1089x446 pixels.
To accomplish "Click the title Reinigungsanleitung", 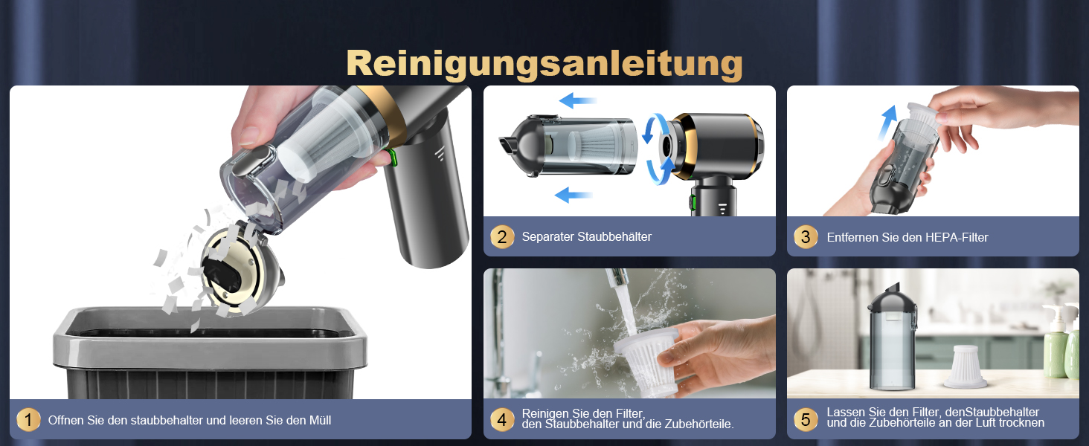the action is [x=544, y=64].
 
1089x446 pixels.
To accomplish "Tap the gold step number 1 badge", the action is [x=28, y=420].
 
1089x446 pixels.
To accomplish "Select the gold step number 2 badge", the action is [x=502, y=237].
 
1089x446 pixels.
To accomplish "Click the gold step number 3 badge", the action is [x=806, y=237].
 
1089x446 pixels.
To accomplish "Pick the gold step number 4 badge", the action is [x=502, y=419].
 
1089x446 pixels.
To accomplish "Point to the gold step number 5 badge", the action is [x=806, y=419].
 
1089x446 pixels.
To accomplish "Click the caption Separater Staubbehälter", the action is [x=586, y=236].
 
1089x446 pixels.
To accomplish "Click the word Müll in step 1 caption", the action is [x=320, y=420].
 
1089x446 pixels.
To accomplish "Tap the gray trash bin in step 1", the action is [x=210, y=353].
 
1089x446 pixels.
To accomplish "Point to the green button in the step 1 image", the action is [x=392, y=158].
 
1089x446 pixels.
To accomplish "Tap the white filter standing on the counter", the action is [x=965, y=366].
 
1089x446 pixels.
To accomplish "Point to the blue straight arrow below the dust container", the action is [x=574, y=195].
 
